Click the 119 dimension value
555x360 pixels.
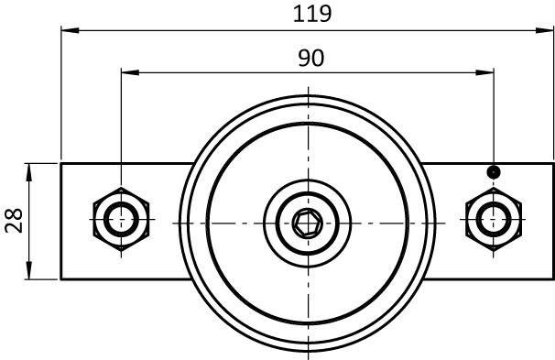click(x=312, y=14)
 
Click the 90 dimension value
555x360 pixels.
click(x=310, y=58)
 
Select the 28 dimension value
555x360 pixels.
click(x=14, y=220)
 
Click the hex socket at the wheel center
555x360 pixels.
click(x=308, y=224)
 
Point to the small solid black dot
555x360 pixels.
click(x=494, y=172)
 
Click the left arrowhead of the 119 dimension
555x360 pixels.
click(x=71, y=30)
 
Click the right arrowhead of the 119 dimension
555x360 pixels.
click(x=544, y=30)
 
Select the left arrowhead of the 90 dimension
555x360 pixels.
click(x=130, y=72)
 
